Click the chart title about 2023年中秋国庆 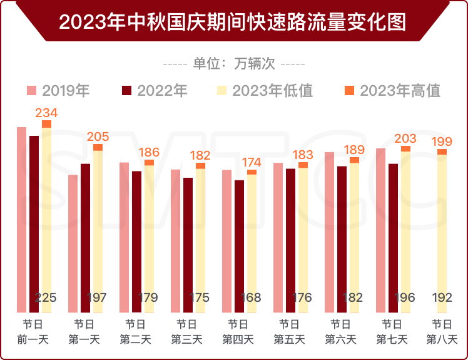pyautogui.click(x=233, y=21)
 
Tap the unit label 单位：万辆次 pyautogui.click(x=233, y=63)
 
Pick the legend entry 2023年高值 pyautogui.click(x=392, y=91)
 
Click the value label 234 pyautogui.click(x=46, y=113)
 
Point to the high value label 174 pyautogui.click(x=252, y=162)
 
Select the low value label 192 pyautogui.click(x=442, y=297)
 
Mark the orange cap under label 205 pyautogui.click(x=98, y=148)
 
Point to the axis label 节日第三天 pyautogui.click(x=186, y=332)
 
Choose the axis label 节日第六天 pyautogui.click(x=340, y=332)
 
